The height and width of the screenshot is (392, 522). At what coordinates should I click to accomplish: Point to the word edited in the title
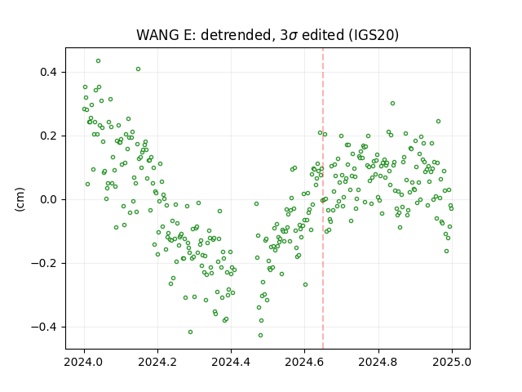pos(323,35)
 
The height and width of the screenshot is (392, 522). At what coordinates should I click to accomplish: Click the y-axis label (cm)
pos(20,199)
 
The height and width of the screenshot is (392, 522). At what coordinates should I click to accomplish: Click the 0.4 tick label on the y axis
pos(48,72)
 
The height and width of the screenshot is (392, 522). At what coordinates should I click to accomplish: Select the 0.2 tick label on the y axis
pos(48,136)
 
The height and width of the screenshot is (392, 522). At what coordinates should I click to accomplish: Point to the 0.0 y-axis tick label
pos(48,199)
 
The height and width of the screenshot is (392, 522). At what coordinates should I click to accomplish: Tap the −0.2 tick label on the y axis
pos(44,263)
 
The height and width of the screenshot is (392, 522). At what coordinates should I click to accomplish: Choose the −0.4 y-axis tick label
pos(44,327)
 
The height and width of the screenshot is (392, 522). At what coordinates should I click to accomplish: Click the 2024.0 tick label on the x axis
pos(84,362)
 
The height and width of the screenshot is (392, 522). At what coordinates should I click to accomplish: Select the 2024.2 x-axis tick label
pos(157,362)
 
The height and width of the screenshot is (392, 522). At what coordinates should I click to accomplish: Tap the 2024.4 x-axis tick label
pos(231,362)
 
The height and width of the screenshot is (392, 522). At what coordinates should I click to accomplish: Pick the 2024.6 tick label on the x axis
pos(304,362)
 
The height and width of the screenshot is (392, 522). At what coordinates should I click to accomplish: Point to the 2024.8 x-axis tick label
pos(378,362)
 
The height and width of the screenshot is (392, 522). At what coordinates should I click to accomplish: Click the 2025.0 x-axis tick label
pos(452,362)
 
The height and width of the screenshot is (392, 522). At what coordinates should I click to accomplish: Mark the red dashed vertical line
pos(323,198)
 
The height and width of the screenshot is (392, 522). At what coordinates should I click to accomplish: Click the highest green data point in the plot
pos(98,61)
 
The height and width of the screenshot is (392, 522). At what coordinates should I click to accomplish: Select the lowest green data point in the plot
pos(261,335)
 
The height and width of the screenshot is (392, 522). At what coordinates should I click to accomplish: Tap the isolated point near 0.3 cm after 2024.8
pos(392,104)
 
